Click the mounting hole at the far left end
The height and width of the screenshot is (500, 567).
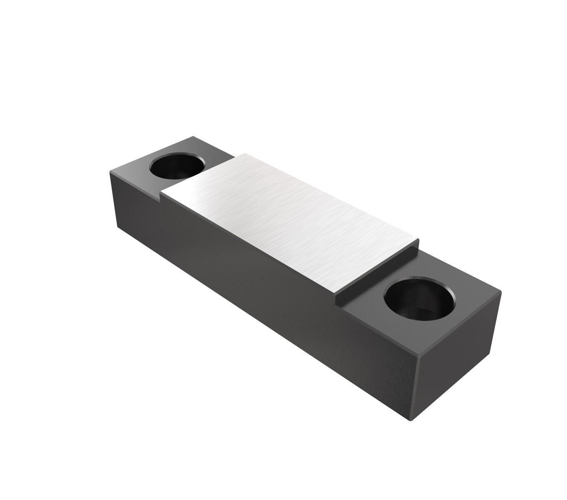click(177, 166)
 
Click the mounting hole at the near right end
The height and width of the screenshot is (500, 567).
click(419, 299)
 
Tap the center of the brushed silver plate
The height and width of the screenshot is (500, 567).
click(289, 222)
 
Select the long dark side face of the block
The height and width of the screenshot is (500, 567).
click(258, 283)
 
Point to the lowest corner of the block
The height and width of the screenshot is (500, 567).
click(411, 420)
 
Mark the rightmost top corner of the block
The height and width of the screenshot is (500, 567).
click(501, 291)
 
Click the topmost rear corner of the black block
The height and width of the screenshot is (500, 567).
click(193, 137)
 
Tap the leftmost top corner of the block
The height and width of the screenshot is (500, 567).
click(110, 171)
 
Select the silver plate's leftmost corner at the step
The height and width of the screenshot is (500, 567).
click(161, 192)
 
